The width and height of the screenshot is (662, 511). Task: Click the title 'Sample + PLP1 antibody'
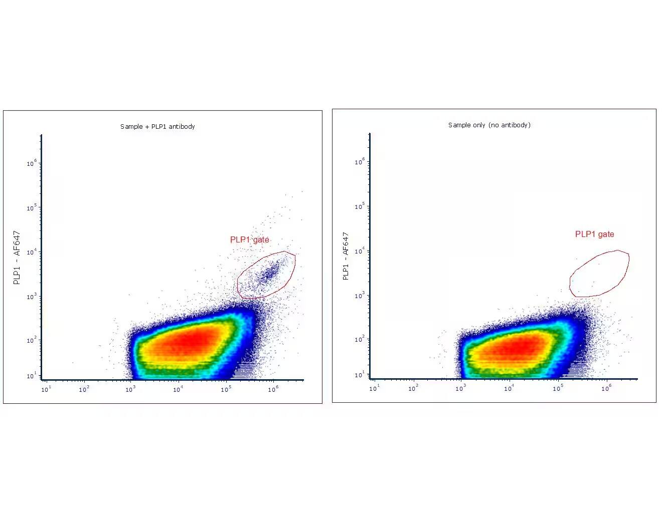tap(157, 126)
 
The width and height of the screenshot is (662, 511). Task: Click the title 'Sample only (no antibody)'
tap(489, 125)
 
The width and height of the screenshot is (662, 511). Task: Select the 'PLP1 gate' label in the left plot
tap(249, 239)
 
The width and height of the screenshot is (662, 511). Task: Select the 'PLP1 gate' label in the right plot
tap(594, 234)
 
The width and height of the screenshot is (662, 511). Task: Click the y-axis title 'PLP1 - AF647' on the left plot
tap(17, 258)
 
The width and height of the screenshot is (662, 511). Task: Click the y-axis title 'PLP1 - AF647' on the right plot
tap(346, 256)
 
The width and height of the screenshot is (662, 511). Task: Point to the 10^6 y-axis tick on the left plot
tap(32, 163)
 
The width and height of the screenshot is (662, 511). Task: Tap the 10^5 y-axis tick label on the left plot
tap(32, 207)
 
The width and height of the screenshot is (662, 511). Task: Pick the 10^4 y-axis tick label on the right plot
tap(360, 250)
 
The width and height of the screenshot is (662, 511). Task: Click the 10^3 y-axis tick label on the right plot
tap(360, 295)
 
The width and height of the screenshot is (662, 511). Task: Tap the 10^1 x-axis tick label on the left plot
tap(46, 389)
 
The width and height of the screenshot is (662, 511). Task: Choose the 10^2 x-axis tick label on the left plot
tap(84, 389)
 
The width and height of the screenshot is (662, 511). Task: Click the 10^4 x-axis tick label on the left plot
tap(178, 389)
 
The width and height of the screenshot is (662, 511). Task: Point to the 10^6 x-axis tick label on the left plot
tap(273, 389)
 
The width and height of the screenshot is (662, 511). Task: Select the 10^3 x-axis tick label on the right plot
tap(460, 388)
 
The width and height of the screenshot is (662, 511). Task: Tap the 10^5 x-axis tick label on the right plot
tap(557, 388)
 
